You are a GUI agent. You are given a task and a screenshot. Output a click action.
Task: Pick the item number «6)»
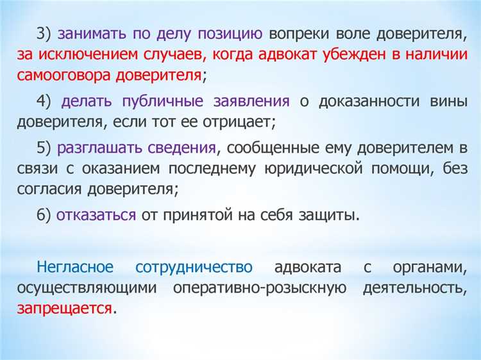coord(44,215)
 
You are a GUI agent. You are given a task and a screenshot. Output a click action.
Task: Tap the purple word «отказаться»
coord(96,215)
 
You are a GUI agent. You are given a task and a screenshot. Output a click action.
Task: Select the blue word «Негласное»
coord(76,268)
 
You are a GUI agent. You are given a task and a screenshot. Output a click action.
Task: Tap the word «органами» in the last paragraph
coord(432,268)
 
